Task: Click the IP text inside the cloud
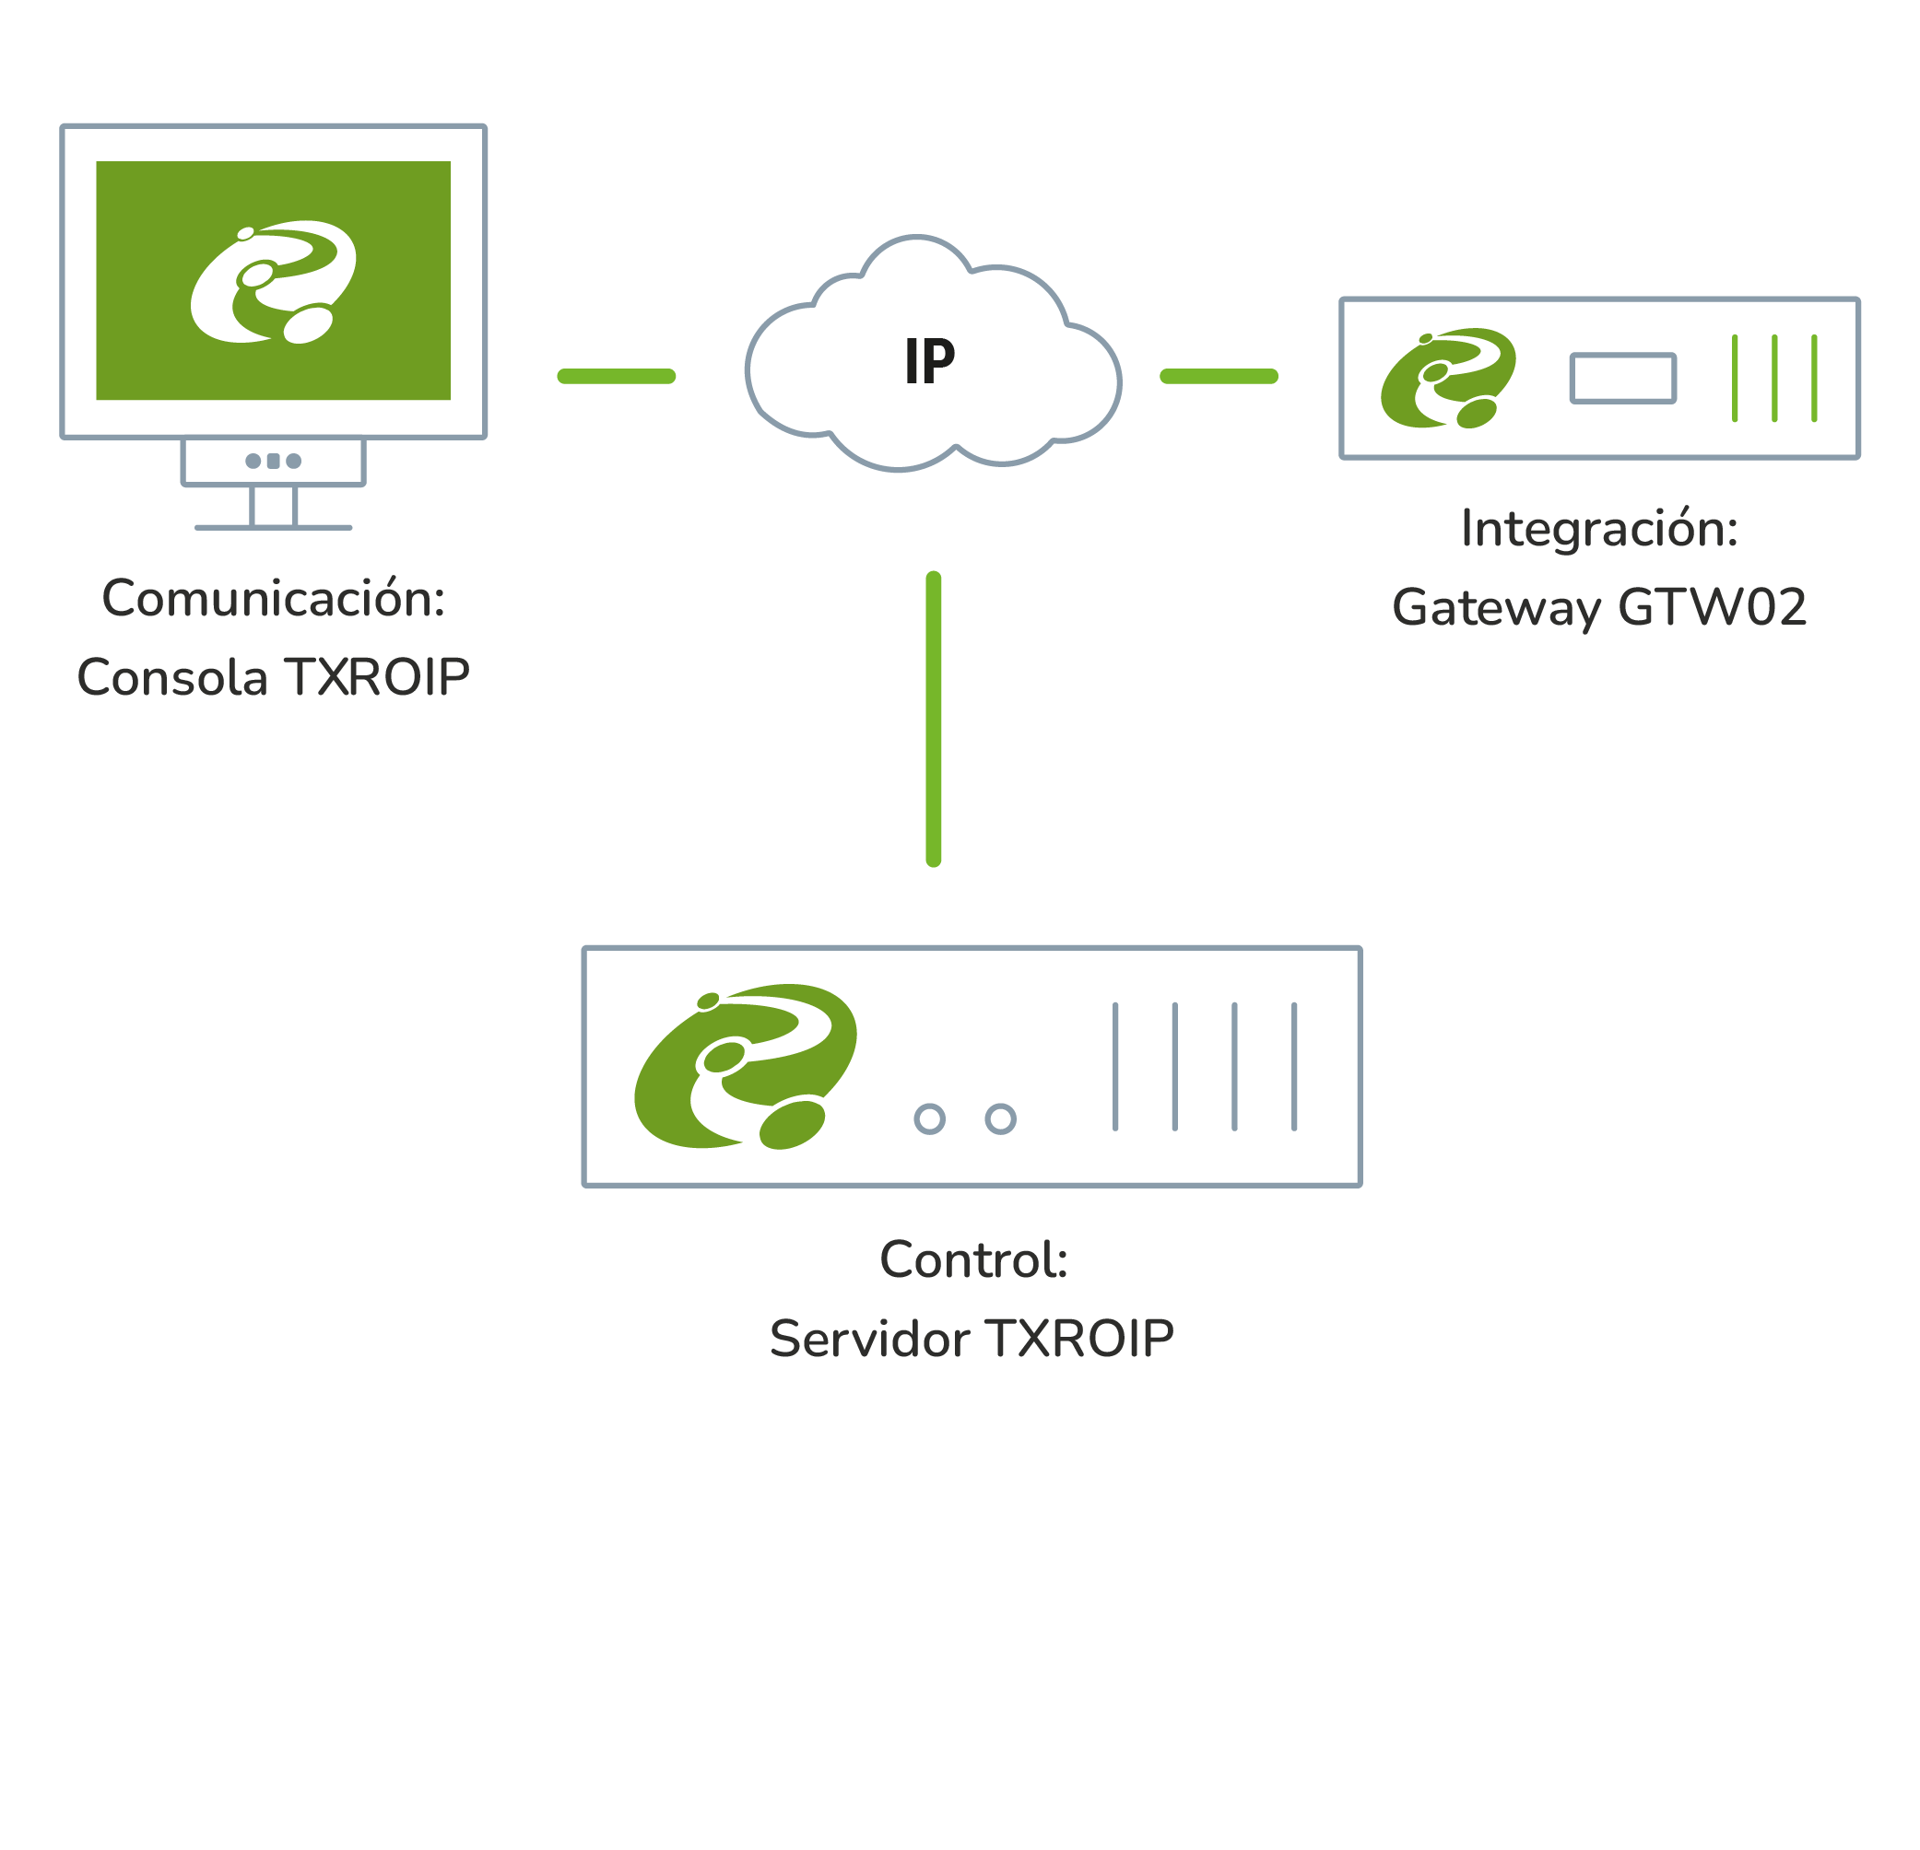click(928, 361)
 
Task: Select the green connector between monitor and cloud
click(616, 376)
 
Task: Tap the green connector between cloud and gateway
click(1219, 376)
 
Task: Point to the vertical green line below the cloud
click(934, 719)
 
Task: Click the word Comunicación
click(274, 598)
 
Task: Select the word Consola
click(172, 677)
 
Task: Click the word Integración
click(1598, 529)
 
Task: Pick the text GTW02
click(1712, 607)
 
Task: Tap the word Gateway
click(1496, 608)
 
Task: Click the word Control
click(972, 1259)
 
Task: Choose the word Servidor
click(870, 1339)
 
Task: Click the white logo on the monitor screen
click(274, 282)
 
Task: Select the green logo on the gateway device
click(1448, 378)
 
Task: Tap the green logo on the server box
click(746, 1067)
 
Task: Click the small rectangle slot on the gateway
click(1623, 378)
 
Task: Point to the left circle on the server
click(930, 1118)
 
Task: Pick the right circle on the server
click(1000, 1118)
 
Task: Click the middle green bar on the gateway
click(1774, 378)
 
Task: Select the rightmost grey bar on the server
click(1294, 1067)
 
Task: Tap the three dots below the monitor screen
click(274, 462)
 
